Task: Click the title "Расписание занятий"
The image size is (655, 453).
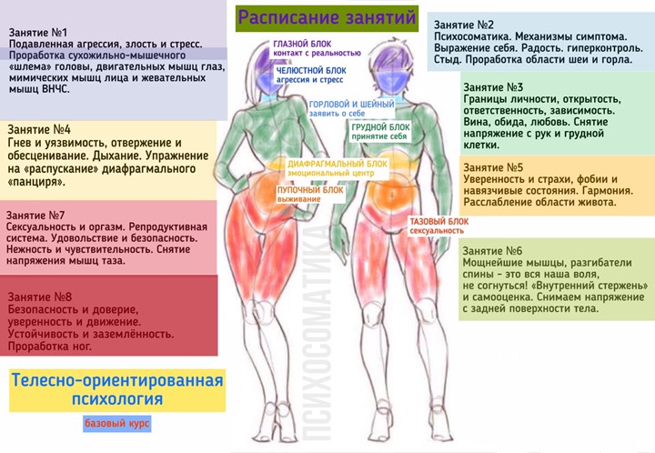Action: coord(327,17)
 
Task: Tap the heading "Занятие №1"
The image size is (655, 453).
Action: coord(38,33)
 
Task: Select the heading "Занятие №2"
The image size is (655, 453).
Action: coord(464,25)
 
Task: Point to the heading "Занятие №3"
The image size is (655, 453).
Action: coord(493,87)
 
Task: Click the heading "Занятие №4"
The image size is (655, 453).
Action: coord(39,129)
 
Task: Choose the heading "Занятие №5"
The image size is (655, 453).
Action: coord(493,167)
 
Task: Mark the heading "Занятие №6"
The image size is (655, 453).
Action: coord(492,251)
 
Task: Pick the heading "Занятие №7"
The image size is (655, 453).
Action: coord(35,216)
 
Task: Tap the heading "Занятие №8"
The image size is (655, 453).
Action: coord(40,297)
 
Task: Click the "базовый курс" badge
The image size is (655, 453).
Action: coord(117,424)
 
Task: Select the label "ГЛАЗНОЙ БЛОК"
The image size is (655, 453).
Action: coord(302,44)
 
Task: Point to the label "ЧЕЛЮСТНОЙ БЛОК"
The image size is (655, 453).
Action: coord(311,71)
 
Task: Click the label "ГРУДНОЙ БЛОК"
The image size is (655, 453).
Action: coord(380,127)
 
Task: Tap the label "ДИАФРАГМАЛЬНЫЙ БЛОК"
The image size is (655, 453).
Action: coord(338,164)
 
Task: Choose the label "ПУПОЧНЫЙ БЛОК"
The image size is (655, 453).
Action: coord(310,190)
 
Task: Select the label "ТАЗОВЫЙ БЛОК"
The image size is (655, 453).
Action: coord(439,222)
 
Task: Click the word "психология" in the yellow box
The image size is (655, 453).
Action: coord(117,399)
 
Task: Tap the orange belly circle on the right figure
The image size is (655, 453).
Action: coord(392,195)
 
